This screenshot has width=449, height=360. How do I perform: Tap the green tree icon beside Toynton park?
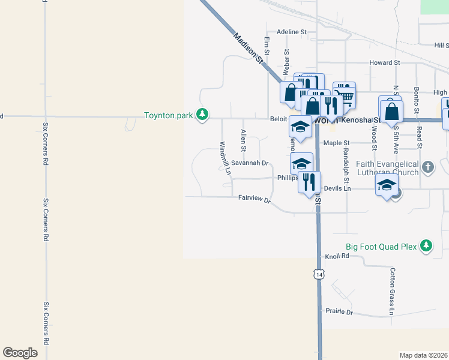point(203,114)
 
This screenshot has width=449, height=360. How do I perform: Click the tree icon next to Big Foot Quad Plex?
point(426,245)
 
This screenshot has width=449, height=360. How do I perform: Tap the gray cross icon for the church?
point(427,167)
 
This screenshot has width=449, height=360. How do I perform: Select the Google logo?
point(20,353)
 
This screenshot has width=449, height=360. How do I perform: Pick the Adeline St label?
point(292,32)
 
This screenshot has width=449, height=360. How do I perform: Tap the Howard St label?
point(385,62)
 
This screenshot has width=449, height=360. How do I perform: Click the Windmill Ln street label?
point(224,158)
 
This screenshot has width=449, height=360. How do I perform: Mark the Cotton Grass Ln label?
point(391,292)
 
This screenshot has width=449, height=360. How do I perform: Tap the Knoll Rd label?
point(337,256)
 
